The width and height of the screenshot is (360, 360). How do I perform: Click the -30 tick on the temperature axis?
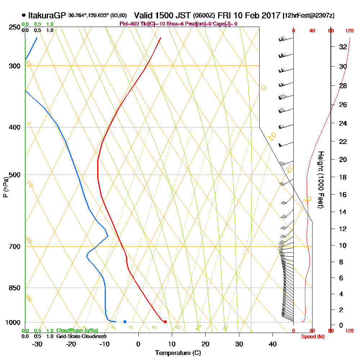pos(37,344)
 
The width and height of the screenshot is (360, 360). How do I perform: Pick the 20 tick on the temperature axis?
pos(206,344)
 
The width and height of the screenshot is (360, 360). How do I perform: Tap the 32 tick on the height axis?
pos(343,47)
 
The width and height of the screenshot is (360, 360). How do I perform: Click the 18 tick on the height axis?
pos(343,177)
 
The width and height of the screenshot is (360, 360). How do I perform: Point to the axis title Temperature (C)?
pos(178,353)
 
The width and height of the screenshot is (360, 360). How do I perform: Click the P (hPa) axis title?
pos(5,186)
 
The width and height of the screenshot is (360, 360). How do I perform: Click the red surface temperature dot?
pos(165,321)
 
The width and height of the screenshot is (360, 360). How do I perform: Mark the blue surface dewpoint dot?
pos(125,321)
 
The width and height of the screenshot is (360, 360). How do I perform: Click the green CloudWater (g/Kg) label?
pos(77,330)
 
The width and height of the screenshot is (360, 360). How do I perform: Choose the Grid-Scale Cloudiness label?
pos(81,336)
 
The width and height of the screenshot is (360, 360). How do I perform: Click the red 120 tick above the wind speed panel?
pos(349,31)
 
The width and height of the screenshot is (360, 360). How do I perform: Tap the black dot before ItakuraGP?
pos(24,15)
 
